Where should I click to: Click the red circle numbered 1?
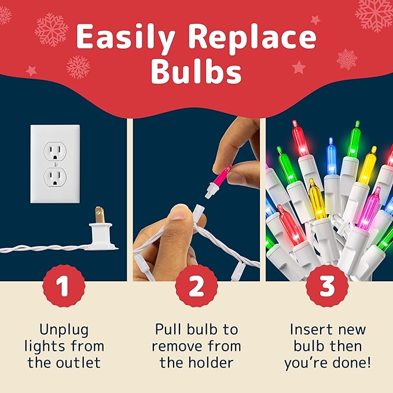click(64, 286)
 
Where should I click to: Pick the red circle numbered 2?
click(196, 286)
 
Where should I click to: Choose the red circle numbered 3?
click(327, 286)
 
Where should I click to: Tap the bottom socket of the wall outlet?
click(55, 177)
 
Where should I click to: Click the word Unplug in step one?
click(64, 330)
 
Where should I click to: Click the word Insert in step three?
click(311, 330)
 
